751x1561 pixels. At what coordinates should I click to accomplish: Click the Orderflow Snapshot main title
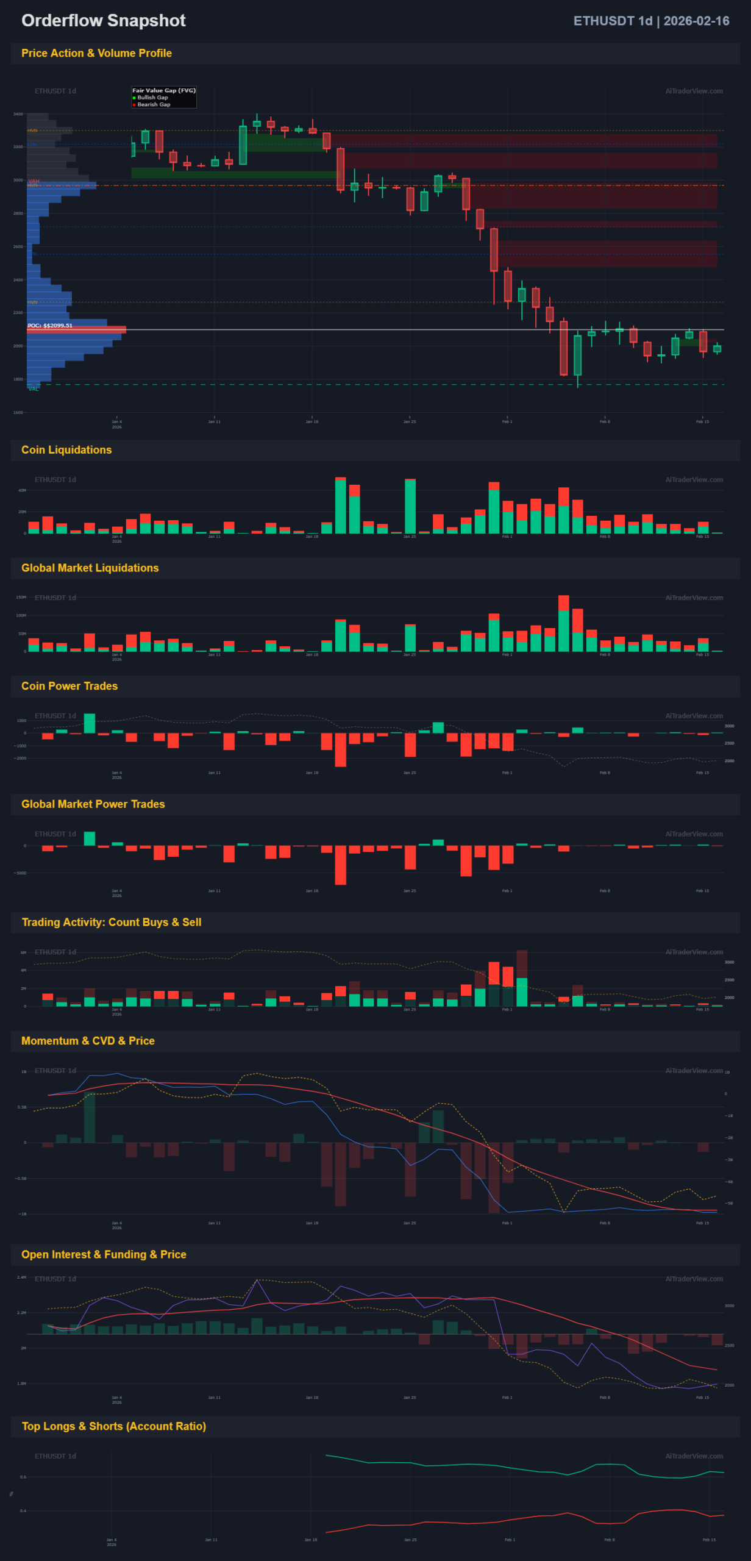[103, 21]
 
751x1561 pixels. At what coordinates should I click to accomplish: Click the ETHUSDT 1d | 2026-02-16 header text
[650, 21]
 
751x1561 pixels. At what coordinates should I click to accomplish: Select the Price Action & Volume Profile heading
[96, 54]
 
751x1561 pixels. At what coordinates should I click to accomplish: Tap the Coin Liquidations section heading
[66, 450]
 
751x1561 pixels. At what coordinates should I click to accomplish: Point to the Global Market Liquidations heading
[90, 568]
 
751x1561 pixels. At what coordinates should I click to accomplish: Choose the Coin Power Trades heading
[69, 687]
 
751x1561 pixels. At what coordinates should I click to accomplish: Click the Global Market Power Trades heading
[93, 804]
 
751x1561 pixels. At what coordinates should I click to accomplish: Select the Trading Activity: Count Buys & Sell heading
[112, 923]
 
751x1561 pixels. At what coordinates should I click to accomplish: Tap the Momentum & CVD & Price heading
[88, 1041]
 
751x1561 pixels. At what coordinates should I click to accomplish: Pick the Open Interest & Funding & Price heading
[104, 1254]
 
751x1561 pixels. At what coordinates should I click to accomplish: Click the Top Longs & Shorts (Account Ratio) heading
[114, 1426]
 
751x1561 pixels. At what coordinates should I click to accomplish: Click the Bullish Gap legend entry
[152, 98]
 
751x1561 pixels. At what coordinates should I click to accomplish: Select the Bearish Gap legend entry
[154, 105]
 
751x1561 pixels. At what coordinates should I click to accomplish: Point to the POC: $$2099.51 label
[50, 326]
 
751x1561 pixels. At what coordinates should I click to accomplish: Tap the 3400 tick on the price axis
[18, 114]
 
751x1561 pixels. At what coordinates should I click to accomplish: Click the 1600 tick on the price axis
[18, 413]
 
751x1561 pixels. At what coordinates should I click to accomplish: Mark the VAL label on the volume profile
[34, 389]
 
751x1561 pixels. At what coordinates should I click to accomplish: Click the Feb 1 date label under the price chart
[507, 422]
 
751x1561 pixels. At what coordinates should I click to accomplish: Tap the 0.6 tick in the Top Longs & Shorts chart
[23, 1477]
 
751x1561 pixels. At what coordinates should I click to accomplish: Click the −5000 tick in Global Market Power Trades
[21, 873]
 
